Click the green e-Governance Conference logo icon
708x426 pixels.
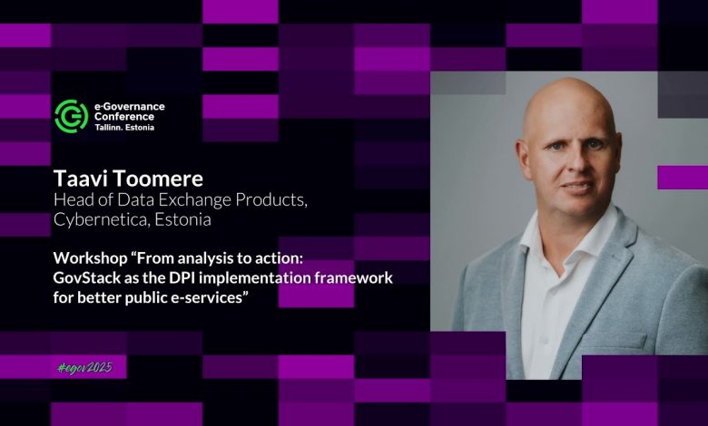tap(72, 116)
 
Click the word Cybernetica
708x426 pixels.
tap(101, 220)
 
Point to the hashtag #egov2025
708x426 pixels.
tap(85, 368)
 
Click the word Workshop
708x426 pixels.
tap(90, 258)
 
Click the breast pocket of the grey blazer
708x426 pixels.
tap(615, 341)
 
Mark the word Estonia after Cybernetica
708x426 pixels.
tap(182, 219)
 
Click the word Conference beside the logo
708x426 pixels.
tap(124, 117)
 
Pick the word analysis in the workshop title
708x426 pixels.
tap(202, 259)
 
